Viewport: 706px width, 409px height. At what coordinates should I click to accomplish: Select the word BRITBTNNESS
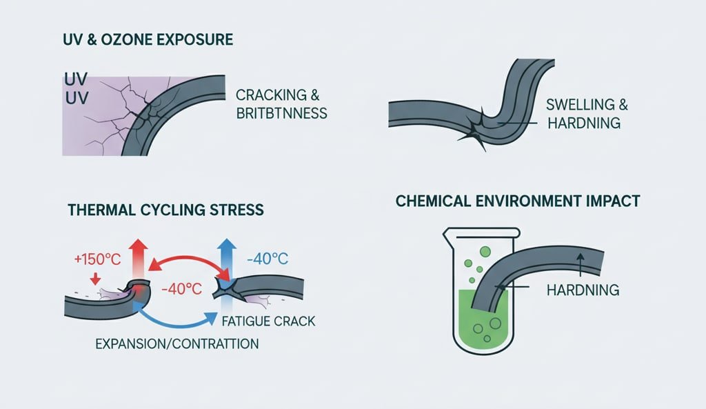click(281, 112)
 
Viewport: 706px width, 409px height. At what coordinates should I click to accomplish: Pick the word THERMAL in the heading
click(93, 209)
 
